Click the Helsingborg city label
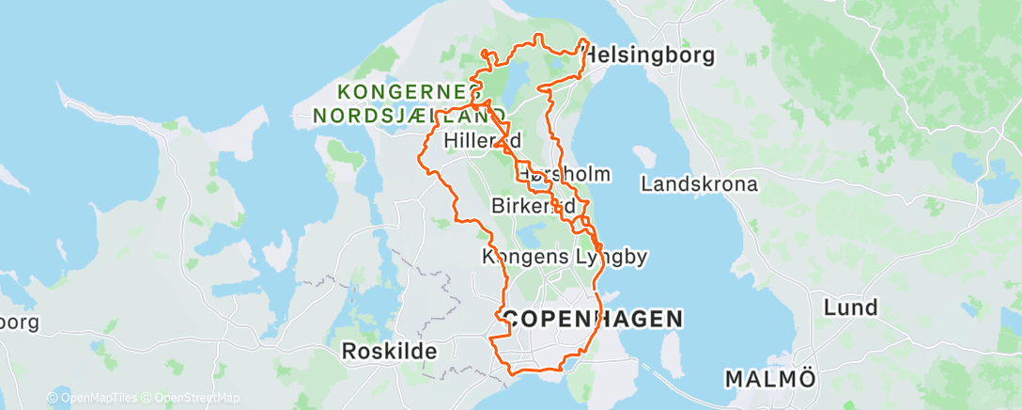click(649, 55)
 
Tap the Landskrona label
click(699, 184)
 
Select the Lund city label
click(850, 307)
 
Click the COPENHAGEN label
click(592, 319)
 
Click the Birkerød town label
click(533, 205)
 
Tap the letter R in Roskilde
click(348, 352)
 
